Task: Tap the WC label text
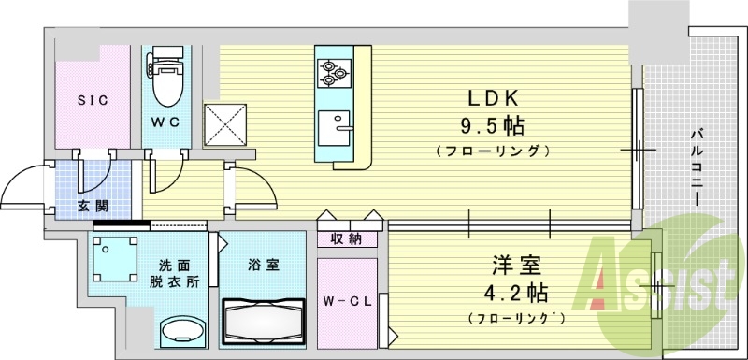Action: (166, 122)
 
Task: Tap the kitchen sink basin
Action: (333, 125)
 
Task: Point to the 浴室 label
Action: (263, 266)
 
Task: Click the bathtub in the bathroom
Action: (264, 321)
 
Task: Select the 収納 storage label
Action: (347, 239)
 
